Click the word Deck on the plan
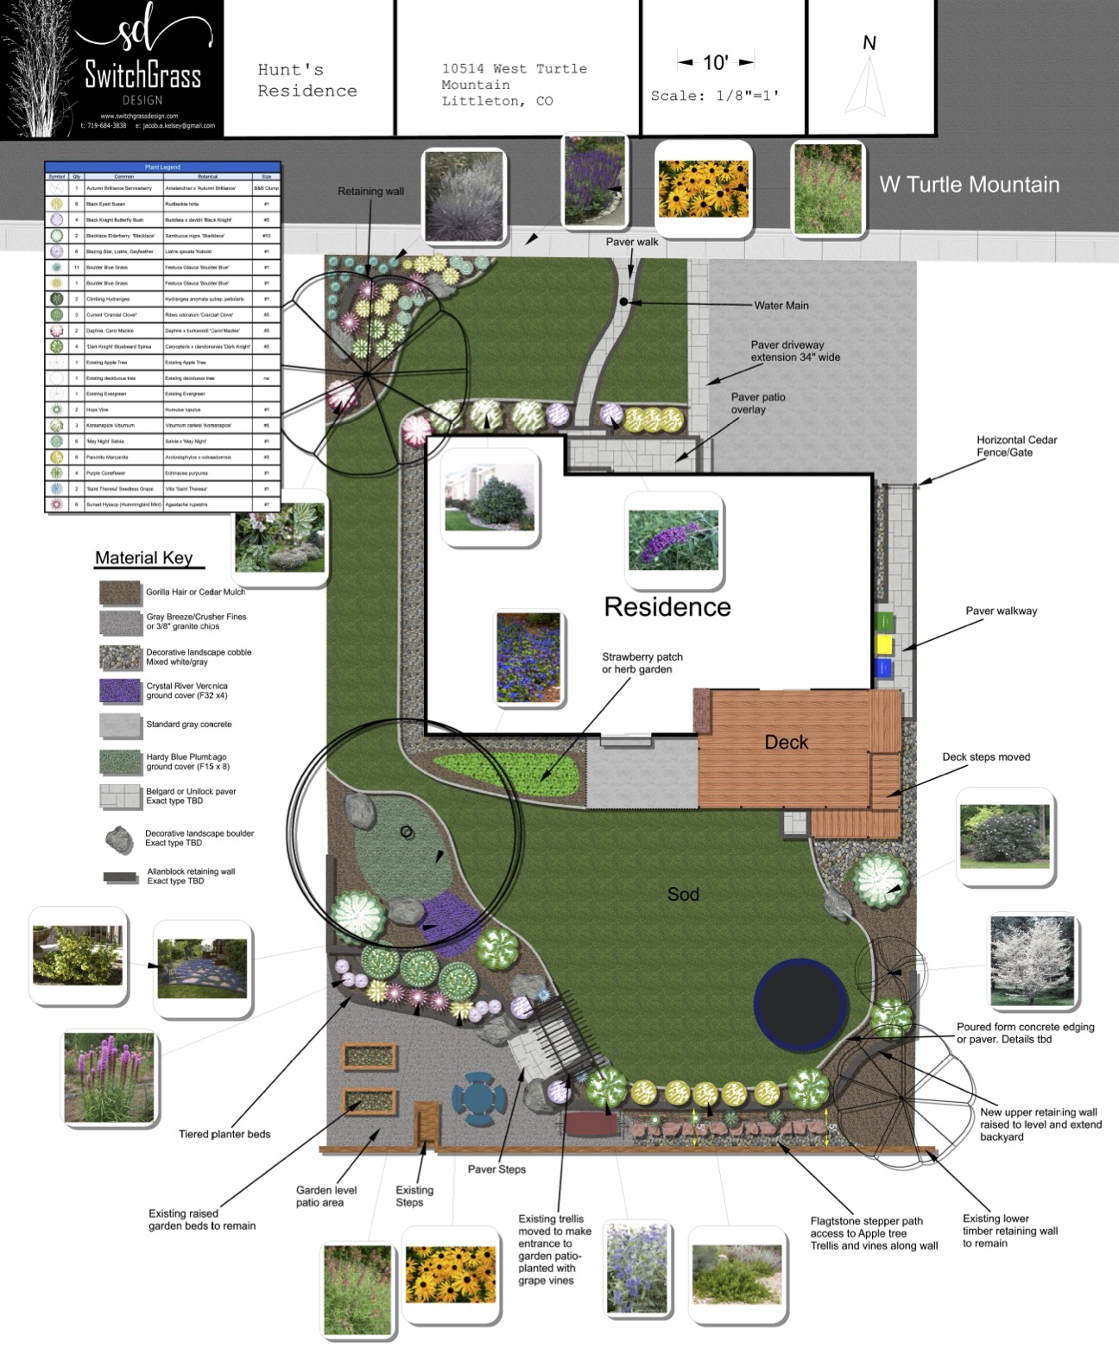click(x=786, y=742)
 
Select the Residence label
click(x=667, y=607)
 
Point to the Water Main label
click(x=781, y=306)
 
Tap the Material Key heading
click(x=144, y=558)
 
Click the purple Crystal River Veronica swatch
click(x=120, y=691)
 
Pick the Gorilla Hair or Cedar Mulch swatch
click(x=120, y=592)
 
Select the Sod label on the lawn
click(x=683, y=895)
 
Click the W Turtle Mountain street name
click(x=969, y=185)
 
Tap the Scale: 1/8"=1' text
click(x=715, y=96)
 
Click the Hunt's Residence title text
click(x=307, y=80)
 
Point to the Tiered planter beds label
click(x=224, y=1134)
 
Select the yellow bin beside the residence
click(x=883, y=644)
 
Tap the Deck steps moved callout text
click(x=986, y=757)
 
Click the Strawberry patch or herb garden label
click(x=642, y=663)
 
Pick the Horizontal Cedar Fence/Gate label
click(x=1016, y=446)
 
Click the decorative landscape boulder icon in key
click(x=119, y=839)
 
